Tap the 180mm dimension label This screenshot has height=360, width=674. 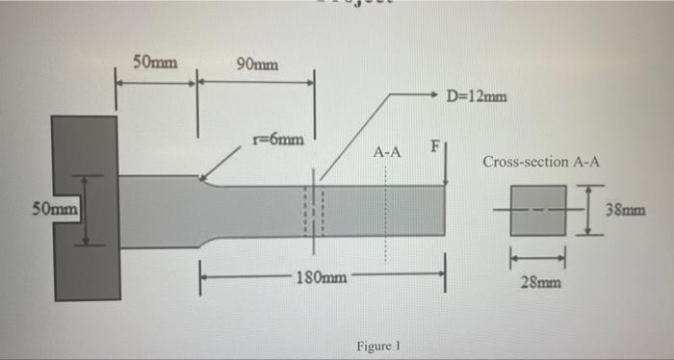coord(322,277)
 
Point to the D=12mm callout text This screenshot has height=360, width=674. coord(479,95)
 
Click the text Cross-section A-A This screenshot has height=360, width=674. coord(542,162)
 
